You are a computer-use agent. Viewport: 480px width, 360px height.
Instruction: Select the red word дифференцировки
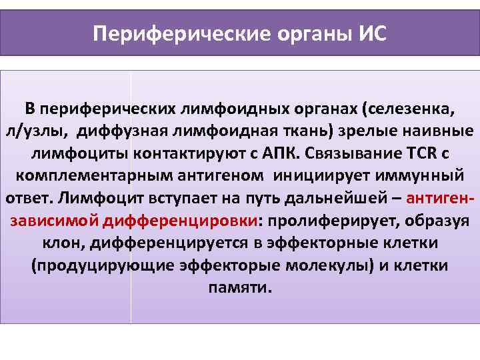coord(180,221)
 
